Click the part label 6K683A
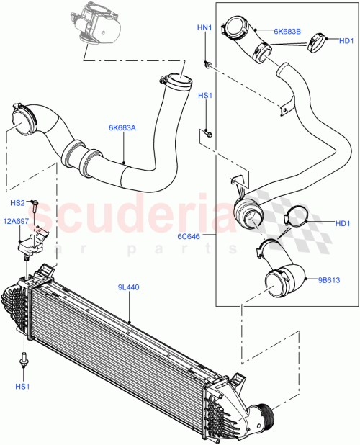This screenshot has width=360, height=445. [122, 128]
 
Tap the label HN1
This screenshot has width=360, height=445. [205, 28]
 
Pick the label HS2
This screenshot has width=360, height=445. [18, 203]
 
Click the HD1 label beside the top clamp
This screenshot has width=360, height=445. [346, 41]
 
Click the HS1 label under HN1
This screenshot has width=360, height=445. [205, 96]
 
